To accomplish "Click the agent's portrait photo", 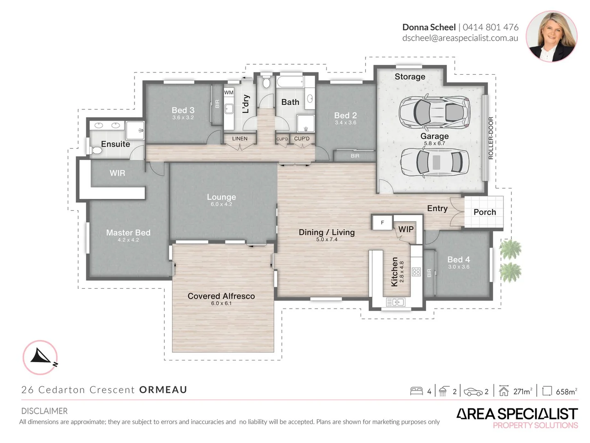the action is (551, 37).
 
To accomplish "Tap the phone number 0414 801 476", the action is (490, 27).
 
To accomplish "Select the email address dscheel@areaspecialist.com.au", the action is (460, 38).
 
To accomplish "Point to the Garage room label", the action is (434, 136).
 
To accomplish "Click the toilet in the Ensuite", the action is (95, 150).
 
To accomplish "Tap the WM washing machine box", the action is (229, 93).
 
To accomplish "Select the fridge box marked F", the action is (382, 222).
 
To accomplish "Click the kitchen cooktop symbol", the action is (416, 272).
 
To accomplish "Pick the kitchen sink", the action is (395, 302).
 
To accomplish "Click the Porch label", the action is (484, 212).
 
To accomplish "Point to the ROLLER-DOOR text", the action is (490, 138).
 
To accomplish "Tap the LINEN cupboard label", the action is (240, 139).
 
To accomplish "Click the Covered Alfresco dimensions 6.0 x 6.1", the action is (221, 304).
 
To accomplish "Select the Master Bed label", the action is (128, 233).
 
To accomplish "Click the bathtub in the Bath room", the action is (290, 82).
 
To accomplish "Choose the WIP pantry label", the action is (406, 229).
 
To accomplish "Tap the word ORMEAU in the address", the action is (163, 390).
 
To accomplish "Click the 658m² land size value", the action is (566, 392).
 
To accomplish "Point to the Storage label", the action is (410, 77).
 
